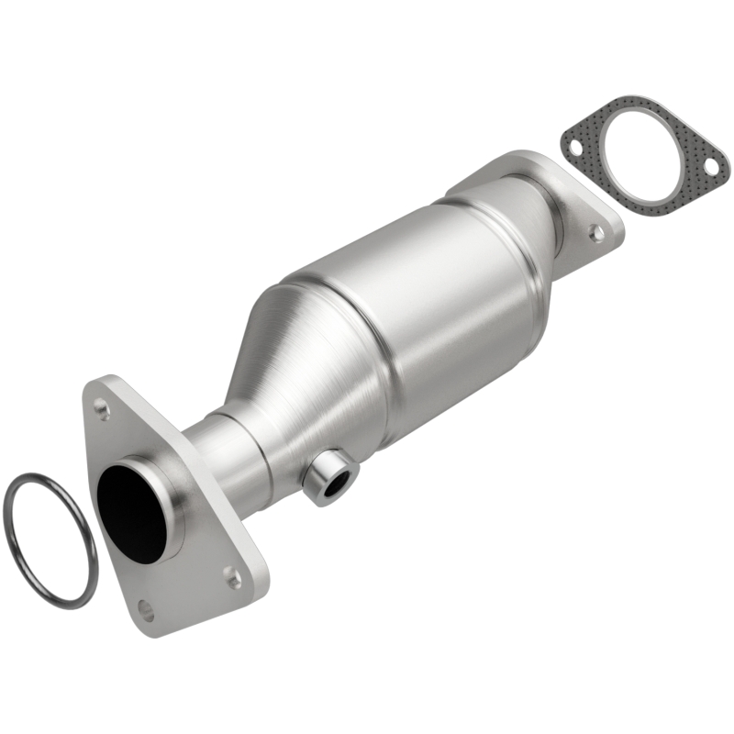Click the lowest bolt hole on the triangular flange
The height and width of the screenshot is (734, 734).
point(146,608)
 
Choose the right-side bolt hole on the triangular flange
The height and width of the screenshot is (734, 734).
point(235,576)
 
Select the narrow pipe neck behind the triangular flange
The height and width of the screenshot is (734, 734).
point(225,450)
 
